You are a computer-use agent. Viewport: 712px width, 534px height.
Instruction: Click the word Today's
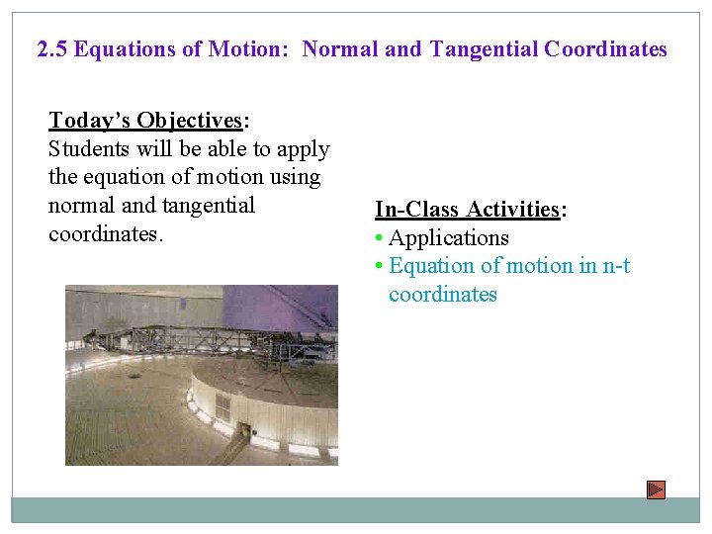point(90,121)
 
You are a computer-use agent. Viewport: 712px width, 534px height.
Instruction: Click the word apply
point(303,149)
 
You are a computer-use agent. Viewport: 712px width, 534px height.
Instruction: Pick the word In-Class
point(417,210)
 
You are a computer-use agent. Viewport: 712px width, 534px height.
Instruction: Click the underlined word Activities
point(513,210)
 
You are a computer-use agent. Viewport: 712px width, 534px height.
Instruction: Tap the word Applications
point(449,238)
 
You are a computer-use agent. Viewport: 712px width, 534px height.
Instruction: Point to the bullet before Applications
point(379,238)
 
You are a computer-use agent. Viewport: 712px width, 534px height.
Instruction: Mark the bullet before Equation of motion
point(379,266)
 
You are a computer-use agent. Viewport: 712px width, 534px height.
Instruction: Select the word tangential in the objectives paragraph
point(208,206)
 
